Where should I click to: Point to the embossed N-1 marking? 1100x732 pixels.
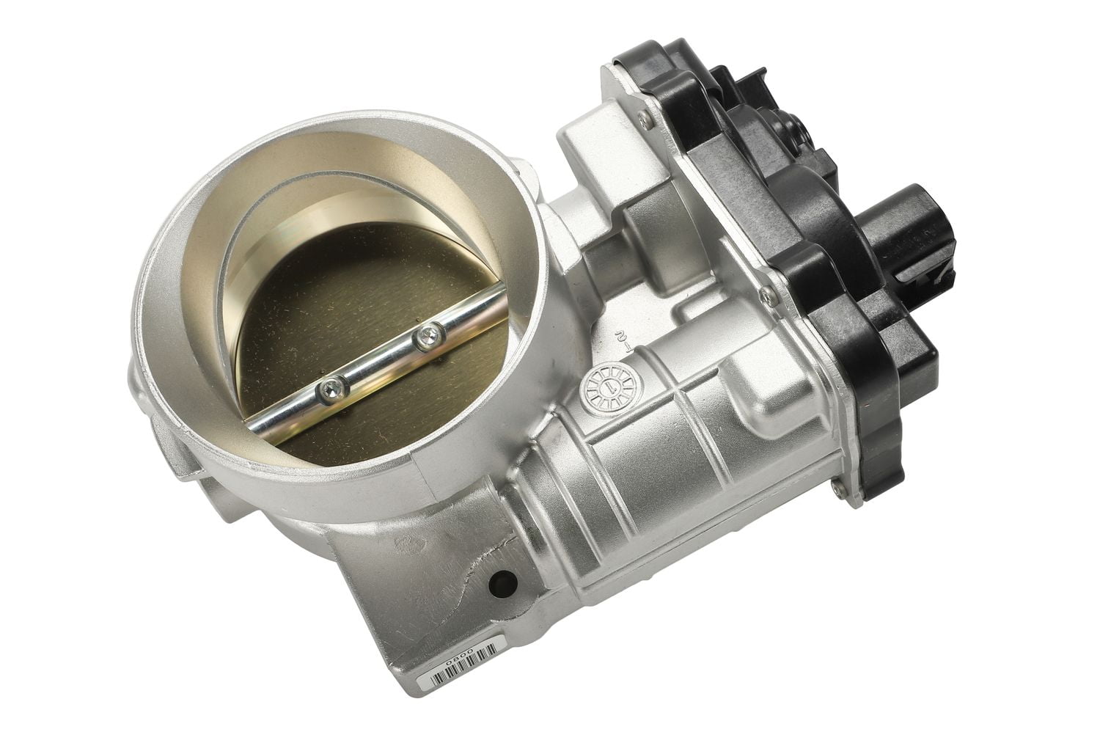tap(622, 341)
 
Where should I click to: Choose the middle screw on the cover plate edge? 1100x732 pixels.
tap(767, 294)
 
